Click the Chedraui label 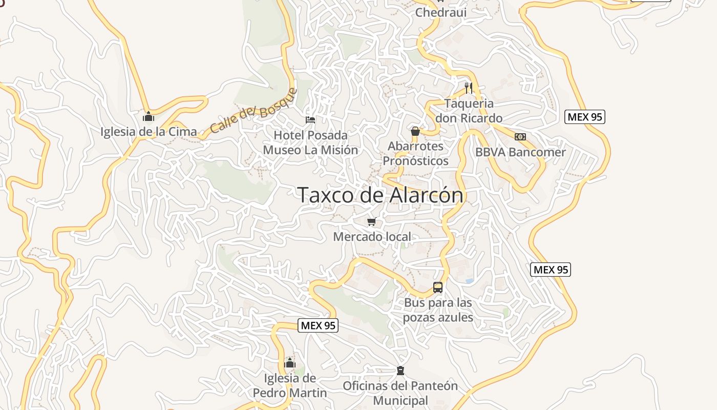pos(441,12)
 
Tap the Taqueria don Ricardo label pos(469,111)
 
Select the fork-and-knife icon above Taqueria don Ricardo pos(468,88)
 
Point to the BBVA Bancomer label pos(520,152)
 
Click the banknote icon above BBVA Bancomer pos(520,137)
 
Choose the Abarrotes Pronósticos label pos(415,153)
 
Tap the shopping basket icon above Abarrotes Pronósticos pos(415,132)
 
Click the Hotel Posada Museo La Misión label pos(310,142)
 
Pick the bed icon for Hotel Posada pos(310,120)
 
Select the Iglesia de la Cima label pos(149,132)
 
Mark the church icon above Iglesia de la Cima pos(149,116)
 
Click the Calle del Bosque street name pos(254,111)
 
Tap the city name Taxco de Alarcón pos(380,195)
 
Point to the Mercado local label pos(372,237)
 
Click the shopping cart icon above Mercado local pos(372,222)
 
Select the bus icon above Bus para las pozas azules pos(438,288)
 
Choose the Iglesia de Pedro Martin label pos(290,385)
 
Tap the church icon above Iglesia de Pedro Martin pos(290,363)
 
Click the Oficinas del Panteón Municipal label pos(400,393)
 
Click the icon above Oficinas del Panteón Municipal pos(400,371)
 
